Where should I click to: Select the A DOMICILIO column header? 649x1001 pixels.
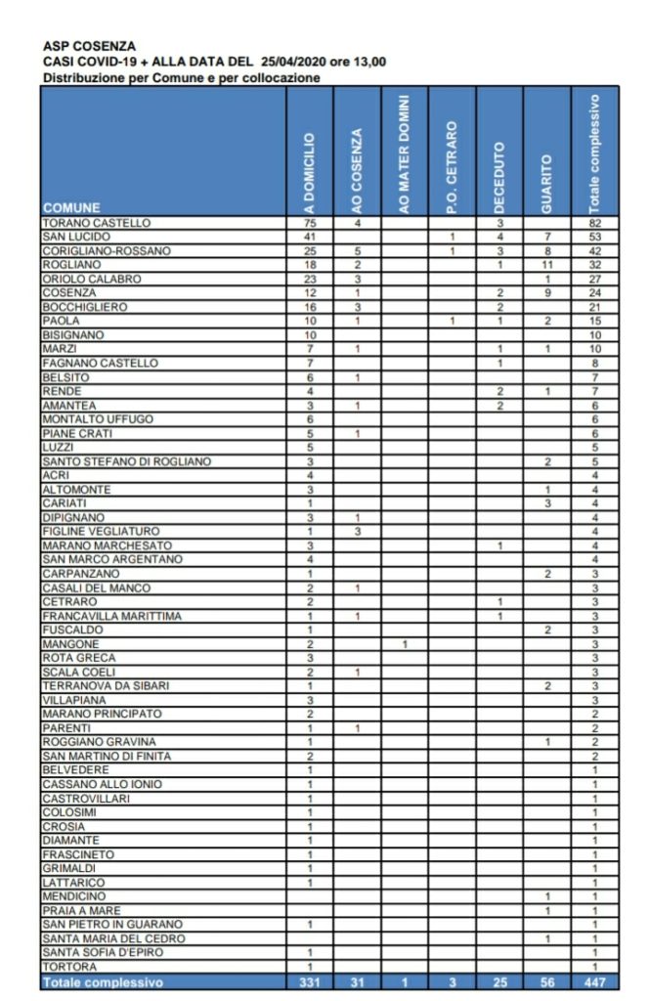pyautogui.click(x=309, y=172)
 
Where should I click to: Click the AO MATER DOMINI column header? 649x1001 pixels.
pyautogui.click(x=405, y=152)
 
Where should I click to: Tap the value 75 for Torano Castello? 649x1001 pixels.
pyautogui.click(x=309, y=224)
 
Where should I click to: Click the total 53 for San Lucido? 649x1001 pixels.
pyautogui.click(x=594, y=238)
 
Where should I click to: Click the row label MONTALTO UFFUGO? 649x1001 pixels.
pyautogui.click(x=98, y=419)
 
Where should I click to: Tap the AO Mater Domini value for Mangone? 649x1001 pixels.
pyautogui.click(x=405, y=644)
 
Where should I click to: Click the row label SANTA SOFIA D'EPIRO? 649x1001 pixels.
pyautogui.click(x=102, y=952)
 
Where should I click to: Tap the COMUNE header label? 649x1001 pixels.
pyautogui.click(x=71, y=208)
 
